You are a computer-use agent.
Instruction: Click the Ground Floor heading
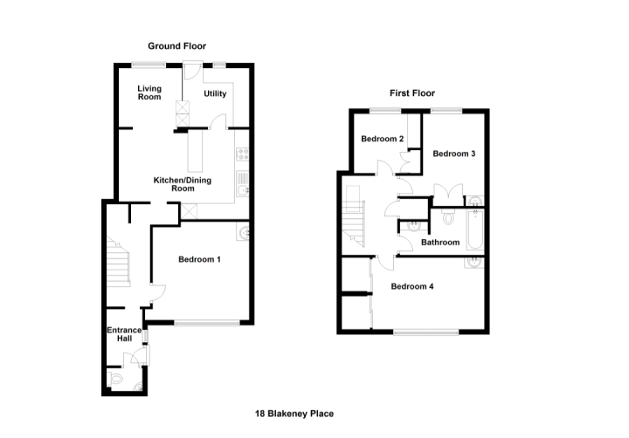[x=176, y=46]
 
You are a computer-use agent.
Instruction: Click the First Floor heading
[x=412, y=93]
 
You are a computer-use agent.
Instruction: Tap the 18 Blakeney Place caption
[x=294, y=414]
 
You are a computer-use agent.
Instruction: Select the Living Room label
[x=149, y=92]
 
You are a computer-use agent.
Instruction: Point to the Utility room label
[x=215, y=93]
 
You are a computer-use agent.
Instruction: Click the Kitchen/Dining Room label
[x=183, y=184]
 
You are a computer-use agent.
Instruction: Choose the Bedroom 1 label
[x=199, y=259]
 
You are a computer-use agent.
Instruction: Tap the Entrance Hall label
[x=124, y=334]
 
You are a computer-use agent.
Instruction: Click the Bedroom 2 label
[x=383, y=139]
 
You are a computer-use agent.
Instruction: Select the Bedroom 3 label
[x=454, y=154]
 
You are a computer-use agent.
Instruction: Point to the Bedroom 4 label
[x=412, y=286]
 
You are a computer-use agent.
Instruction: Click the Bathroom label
[x=440, y=242]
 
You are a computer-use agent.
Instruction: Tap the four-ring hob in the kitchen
[x=242, y=154]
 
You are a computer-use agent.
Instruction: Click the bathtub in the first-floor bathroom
[x=475, y=229]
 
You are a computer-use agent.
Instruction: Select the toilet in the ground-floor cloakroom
[x=115, y=378]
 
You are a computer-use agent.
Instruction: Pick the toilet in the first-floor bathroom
[x=448, y=217]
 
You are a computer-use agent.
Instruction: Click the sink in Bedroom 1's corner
[x=243, y=231]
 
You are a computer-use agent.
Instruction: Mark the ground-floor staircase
[x=118, y=262]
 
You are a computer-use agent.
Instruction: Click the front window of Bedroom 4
[x=426, y=332]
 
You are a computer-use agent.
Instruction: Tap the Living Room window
[x=149, y=65]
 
